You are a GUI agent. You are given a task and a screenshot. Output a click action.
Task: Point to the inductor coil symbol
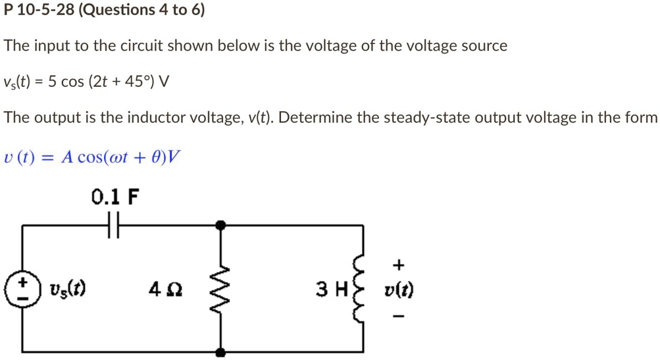pyautogui.click(x=360, y=290)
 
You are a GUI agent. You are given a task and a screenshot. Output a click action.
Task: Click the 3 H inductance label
pyautogui.click(x=331, y=290)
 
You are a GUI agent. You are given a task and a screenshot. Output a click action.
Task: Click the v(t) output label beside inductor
pyautogui.click(x=399, y=290)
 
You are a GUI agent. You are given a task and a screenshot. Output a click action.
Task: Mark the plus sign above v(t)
pyautogui.click(x=397, y=265)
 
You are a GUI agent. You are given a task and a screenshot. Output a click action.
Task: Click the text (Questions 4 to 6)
pyautogui.click(x=141, y=11)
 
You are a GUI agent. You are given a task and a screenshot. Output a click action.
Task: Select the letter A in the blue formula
pyautogui.click(x=66, y=157)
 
